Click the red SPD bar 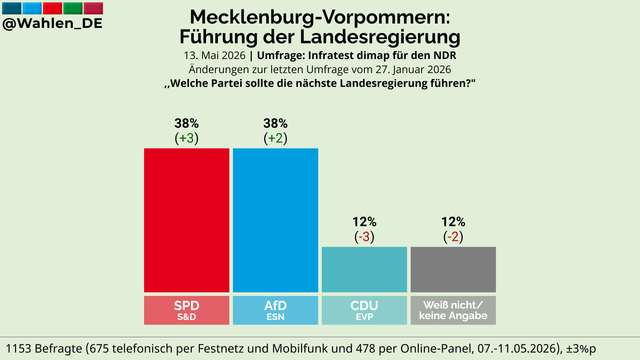pyautogui.click(x=187, y=220)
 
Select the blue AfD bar pyautogui.click(x=276, y=220)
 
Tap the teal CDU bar pyautogui.click(x=364, y=269)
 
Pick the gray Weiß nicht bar pyautogui.click(x=453, y=269)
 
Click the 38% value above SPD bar pyautogui.click(x=187, y=123)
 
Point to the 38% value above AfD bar pyautogui.click(x=276, y=123)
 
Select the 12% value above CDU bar pyautogui.click(x=364, y=222)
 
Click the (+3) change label pyautogui.click(x=187, y=138)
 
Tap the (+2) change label pyautogui.click(x=276, y=138)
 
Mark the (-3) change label pyautogui.click(x=364, y=237)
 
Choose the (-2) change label pyautogui.click(x=453, y=237)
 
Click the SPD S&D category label pyautogui.click(x=187, y=310)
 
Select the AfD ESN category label pyautogui.click(x=276, y=310)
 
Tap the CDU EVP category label pyautogui.click(x=364, y=310)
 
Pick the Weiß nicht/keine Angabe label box pyautogui.click(x=453, y=310)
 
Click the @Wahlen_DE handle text pyautogui.click(x=52, y=23)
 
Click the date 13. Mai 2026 pyautogui.click(x=215, y=56)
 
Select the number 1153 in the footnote pyautogui.click(x=18, y=349)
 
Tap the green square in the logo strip pyautogui.click(x=73, y=8)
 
